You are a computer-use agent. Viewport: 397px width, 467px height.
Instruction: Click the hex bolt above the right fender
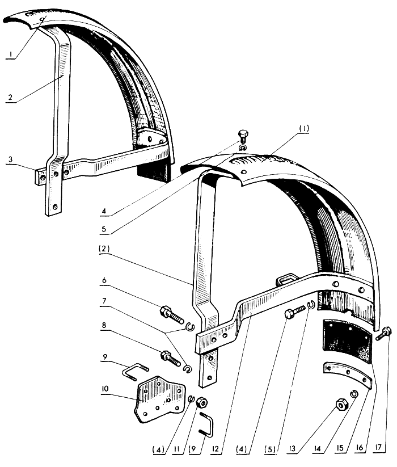coord(242,136)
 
